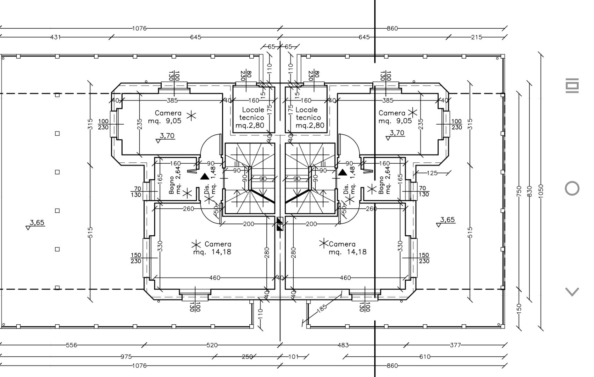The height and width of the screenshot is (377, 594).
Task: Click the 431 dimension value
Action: (x=56, y=37)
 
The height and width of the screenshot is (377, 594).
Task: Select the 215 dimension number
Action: (x=477, y=37)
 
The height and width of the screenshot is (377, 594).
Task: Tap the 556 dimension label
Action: (x=71, y=345)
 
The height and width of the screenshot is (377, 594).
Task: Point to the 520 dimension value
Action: (x=212, y=345)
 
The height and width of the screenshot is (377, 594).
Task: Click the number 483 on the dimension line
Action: (x=343, y=345)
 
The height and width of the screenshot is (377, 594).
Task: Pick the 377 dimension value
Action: (x=455, y=345)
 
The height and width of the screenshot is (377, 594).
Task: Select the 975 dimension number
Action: (x=126, y=357)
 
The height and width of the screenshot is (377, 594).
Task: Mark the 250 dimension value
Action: (x=247, y=357)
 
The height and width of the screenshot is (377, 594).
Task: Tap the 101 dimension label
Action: (x=294, y=357)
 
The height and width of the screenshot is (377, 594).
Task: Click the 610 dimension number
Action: (x=425, y=357)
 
